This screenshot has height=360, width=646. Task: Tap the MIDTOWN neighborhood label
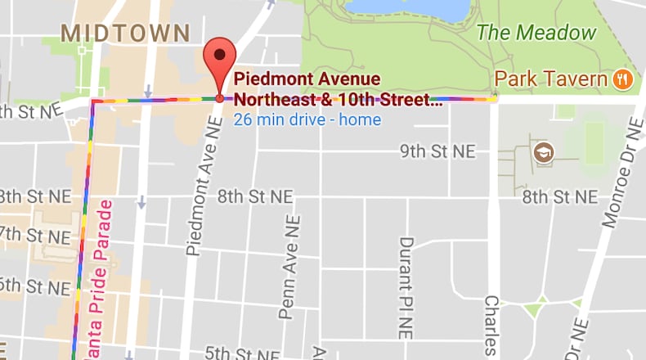coord(126,34)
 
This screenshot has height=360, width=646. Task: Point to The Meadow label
coord(536,34)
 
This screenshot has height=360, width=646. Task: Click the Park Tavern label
coord(552,79)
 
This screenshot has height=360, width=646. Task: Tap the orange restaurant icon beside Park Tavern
coord(623,79)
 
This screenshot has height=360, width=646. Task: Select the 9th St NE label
coord(437,151)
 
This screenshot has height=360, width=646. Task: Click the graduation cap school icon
coord(543,151)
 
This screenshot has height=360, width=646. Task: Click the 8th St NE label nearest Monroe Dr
coord(559,197)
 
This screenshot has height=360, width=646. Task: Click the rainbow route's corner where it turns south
coord(93,101)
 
